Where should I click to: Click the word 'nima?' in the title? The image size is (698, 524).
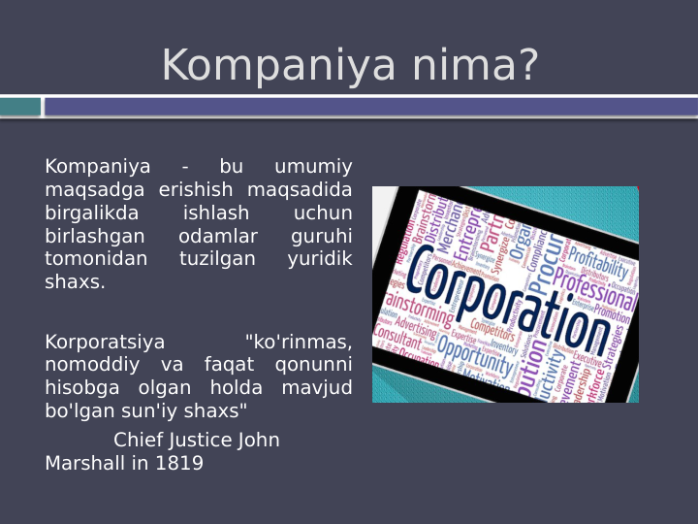475,66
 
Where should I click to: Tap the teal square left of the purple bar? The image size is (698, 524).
20,107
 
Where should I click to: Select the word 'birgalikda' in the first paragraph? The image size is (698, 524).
92,213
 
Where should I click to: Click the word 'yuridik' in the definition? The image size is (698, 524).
320,260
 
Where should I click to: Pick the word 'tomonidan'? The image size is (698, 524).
96,260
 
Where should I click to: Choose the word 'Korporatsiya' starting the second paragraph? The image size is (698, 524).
105,343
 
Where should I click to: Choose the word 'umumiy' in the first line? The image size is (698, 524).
313,167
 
